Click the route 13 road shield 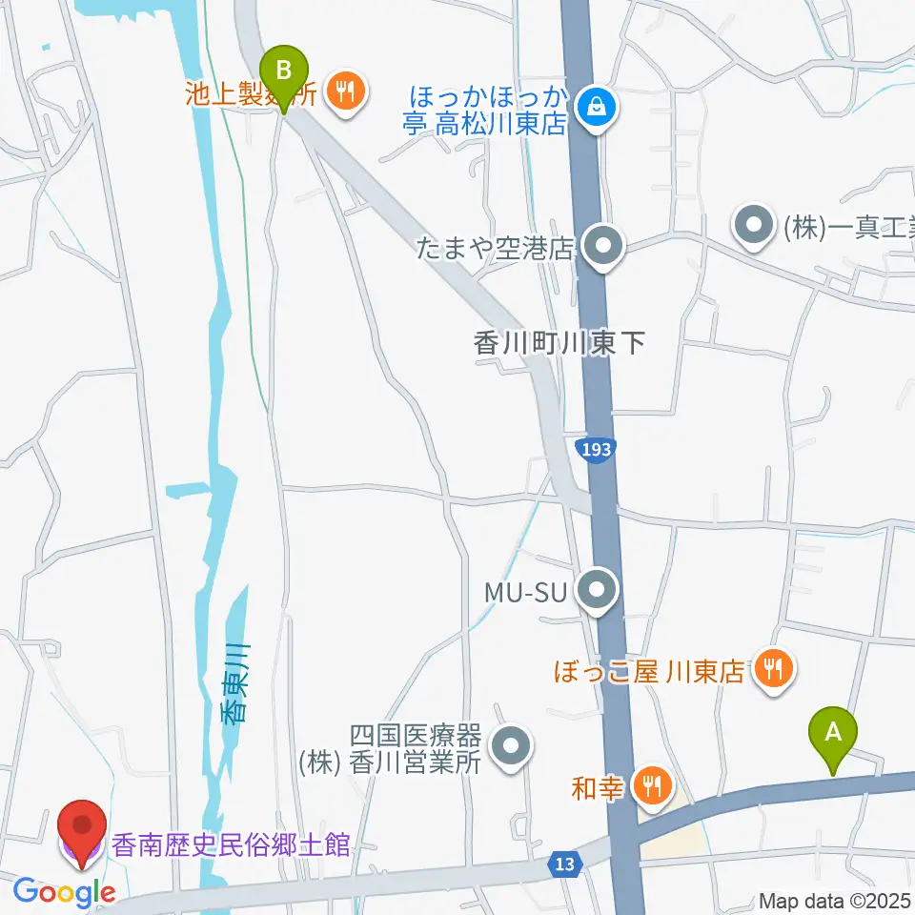pos(564,864)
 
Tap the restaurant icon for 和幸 pos(653,785)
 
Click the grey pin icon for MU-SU pos(598,592)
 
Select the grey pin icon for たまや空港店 pos(601,248)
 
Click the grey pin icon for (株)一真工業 pos(754,227)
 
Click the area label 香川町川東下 pos(559,342)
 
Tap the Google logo pos(64,893)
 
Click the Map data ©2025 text pos(835,900)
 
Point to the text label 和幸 pos(599,787)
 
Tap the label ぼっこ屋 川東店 pos(649,672)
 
